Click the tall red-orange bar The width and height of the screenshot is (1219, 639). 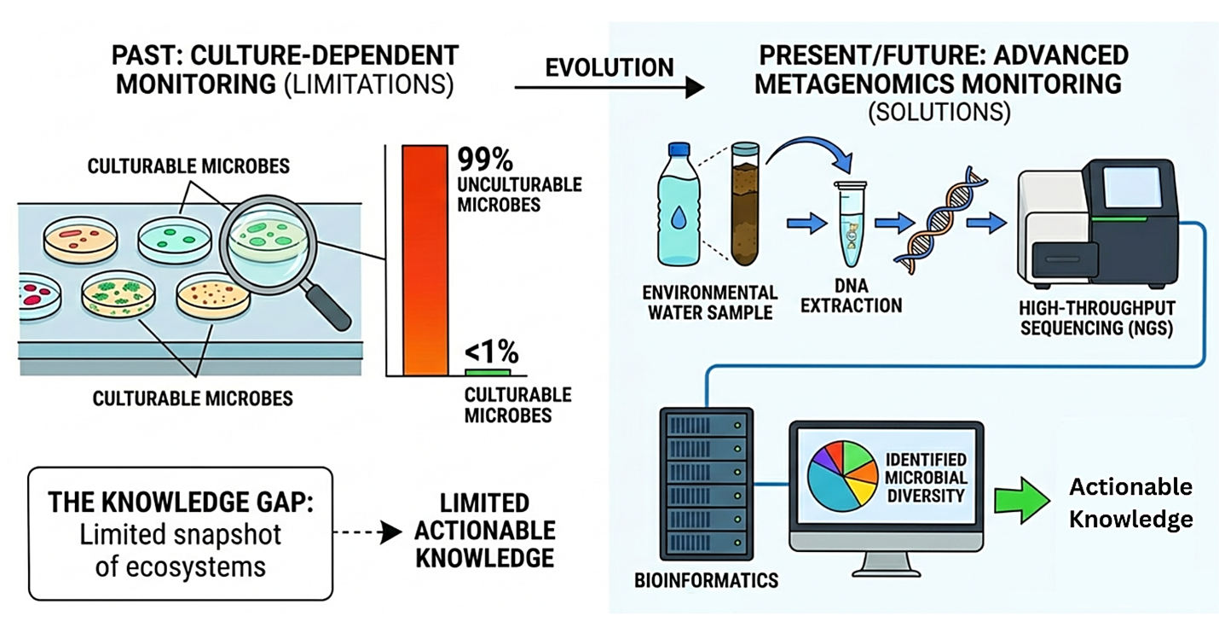425,260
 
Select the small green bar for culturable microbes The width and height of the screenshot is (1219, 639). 488,373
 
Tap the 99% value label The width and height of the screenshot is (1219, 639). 485,160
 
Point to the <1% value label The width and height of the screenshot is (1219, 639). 491,351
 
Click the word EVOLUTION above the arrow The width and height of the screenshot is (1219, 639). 609,68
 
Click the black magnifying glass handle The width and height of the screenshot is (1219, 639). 328,306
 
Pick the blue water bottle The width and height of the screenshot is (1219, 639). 679,204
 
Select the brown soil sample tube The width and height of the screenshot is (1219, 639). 744,204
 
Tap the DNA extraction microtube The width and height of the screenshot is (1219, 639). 851,224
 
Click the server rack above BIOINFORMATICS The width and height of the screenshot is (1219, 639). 707,484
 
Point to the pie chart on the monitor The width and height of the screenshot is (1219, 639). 842,476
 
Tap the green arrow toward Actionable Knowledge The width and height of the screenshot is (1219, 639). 1022,501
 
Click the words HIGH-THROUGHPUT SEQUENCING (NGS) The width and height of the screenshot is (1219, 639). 1096,318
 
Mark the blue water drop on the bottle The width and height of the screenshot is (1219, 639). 678,217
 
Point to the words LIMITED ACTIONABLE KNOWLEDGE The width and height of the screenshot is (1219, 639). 485,531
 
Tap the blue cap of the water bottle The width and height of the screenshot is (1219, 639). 679,149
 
